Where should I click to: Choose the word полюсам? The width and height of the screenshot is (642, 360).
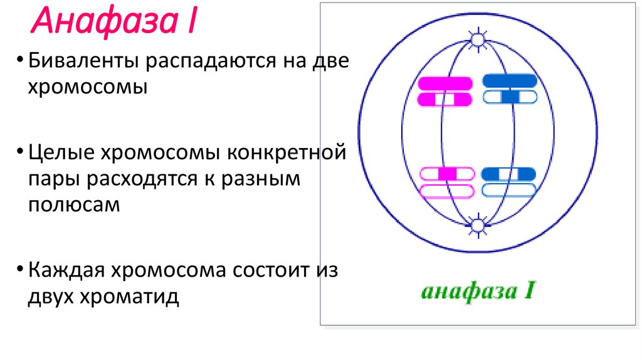point(73,204)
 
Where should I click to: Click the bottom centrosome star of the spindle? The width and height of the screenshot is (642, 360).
point(478,225)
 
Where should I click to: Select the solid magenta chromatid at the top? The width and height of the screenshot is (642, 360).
point(445,82)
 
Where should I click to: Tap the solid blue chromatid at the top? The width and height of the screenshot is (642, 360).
point(510,80)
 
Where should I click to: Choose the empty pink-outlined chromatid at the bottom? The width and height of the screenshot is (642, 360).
point(445,191)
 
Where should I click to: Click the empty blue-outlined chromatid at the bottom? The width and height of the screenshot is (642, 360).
point(508,190)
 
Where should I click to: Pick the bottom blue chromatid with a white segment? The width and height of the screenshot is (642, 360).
point(508,174)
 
